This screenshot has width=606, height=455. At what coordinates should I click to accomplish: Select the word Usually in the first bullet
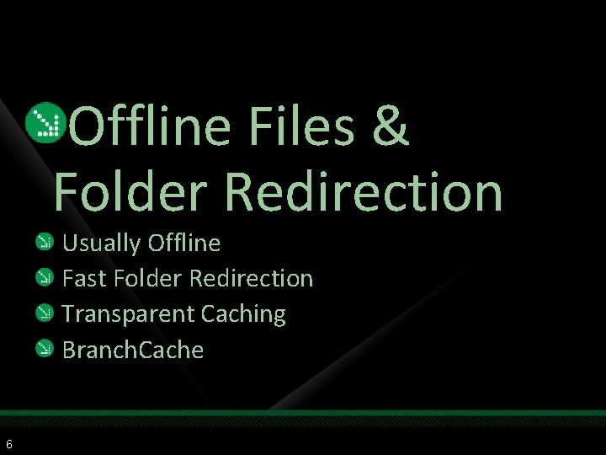click(x=102, y=244)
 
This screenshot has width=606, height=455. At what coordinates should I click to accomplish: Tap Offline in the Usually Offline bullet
click(x=183, y=244)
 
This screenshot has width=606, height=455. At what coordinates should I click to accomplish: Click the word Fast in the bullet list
click(x=80, y=278)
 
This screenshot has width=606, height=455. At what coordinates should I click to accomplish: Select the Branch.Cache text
click(x=133, y=350)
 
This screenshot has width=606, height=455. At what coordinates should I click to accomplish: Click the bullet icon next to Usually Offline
click(x=45, y=244)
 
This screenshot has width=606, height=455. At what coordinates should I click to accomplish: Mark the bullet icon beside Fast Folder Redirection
click(x=45, y=278)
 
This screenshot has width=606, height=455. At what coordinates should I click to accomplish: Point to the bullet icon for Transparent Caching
click(x=45, y=313)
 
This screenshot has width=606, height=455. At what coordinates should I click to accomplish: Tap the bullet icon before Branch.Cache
click(x=45, y=349)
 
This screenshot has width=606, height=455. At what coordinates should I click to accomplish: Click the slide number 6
click(x=8, y=444)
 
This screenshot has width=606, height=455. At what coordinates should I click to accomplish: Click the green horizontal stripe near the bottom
click(x=303, y=415)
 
